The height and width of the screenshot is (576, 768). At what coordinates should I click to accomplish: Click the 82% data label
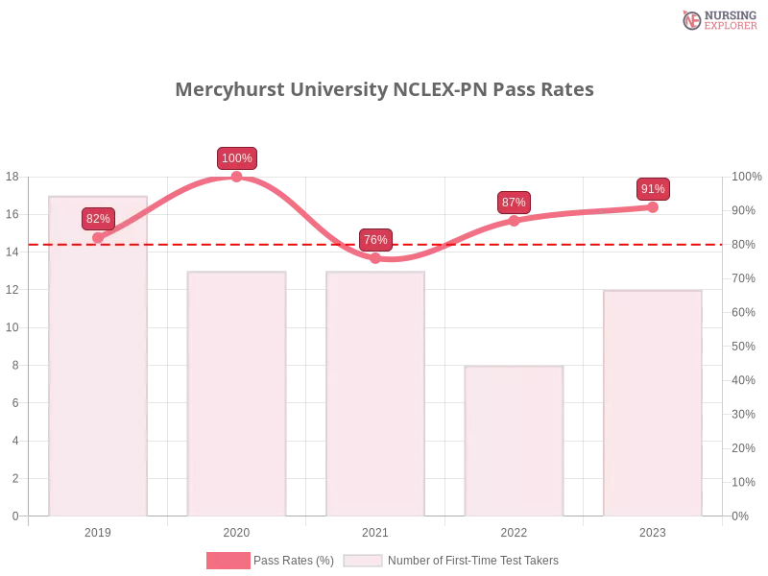[98, 219]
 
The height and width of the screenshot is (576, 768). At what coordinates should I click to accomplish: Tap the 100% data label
[237, 158]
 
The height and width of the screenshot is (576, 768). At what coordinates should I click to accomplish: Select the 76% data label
[375, 240]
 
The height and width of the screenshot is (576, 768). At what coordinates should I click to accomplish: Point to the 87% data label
[514, 203]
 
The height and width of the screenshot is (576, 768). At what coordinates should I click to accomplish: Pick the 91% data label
[653, 189]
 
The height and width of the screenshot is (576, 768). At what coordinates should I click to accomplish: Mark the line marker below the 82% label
[98, 237]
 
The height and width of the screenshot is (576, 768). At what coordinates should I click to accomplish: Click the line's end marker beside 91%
[654, 206]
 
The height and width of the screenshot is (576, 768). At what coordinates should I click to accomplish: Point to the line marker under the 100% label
[237, 176]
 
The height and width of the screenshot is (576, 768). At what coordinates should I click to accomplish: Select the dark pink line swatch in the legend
[228, 561]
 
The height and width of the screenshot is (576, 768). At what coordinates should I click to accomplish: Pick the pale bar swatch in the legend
[363, 561]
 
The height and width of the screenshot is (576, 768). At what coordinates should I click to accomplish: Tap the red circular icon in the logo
[692, 20]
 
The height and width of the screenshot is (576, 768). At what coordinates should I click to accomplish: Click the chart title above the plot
[384, 90]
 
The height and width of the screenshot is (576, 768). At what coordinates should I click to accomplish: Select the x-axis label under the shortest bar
[515, 530]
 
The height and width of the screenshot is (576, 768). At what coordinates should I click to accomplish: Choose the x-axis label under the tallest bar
[100, 530]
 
